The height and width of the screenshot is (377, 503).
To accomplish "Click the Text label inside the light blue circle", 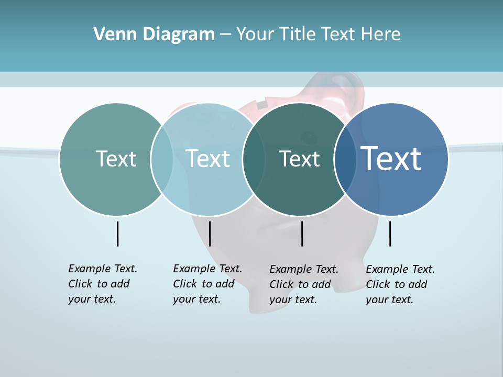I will [x=208, y=159].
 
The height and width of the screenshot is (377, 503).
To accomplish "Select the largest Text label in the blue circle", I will [x=391, y=158].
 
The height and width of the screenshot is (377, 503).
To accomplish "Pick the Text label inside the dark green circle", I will [x=300, y=159].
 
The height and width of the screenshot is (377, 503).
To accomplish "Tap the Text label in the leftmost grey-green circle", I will [x=116, y=159].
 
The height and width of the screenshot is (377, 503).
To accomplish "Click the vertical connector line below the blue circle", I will [x=390, y=234].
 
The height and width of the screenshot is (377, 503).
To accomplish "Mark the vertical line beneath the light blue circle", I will [x=210, y=234].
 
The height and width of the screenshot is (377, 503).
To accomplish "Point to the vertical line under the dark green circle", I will [x=302, y=234].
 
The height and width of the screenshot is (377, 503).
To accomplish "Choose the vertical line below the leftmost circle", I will [x=117, y=234].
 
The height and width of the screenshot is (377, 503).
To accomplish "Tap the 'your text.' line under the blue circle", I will [x=390, y=300].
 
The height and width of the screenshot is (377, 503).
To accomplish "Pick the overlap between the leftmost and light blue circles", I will [x=162, y=159].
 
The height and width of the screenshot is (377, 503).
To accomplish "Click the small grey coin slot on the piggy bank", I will [x=261, y=105].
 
